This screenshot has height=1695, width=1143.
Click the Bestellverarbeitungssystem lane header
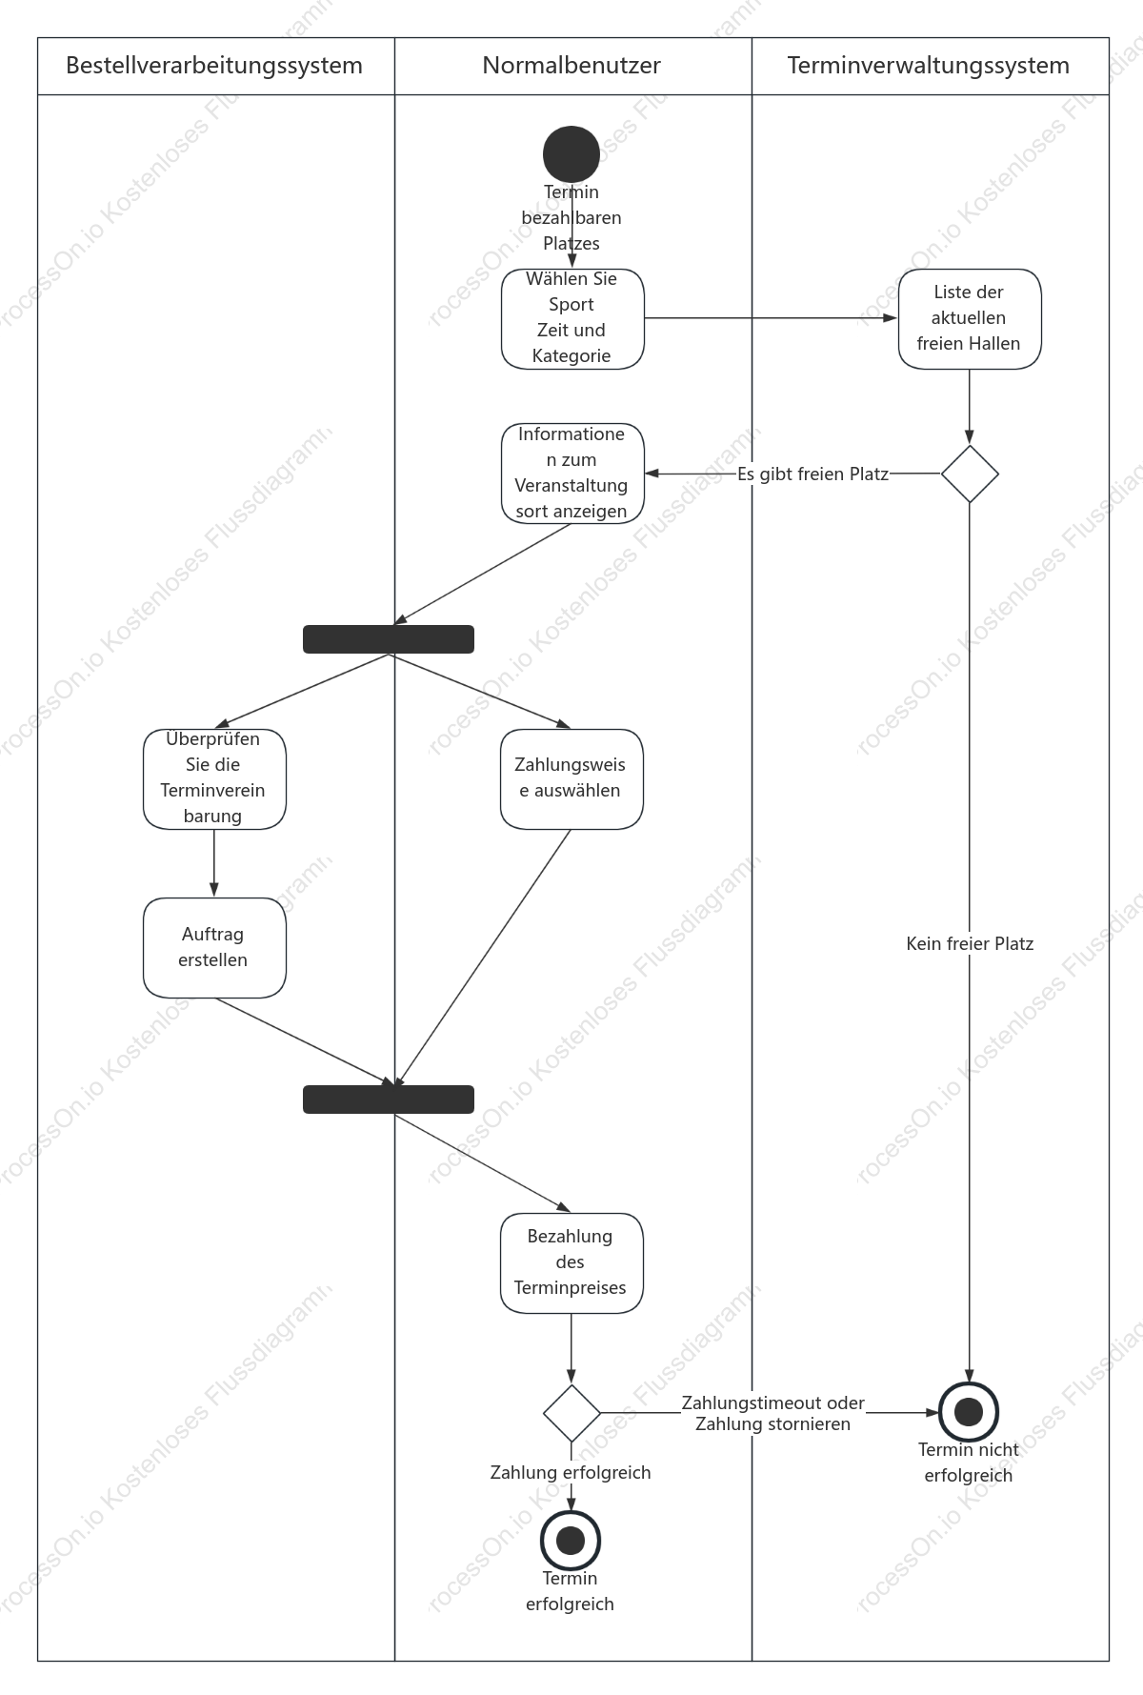(215, 66)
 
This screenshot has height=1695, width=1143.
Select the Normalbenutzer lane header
(572, 66)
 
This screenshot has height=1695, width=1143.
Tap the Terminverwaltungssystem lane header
(930, 66)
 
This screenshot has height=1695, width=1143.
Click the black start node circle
(571, 153)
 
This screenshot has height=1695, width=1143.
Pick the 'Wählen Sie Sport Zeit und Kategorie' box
(572, 318)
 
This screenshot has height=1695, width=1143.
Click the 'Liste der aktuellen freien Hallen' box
(970, 318)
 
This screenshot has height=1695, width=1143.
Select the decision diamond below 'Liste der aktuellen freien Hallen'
(970, 474)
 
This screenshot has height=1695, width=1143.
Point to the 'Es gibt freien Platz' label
(812, 474)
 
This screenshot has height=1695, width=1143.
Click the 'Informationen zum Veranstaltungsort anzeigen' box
(572, 474)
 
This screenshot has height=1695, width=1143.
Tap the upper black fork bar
(389, 639)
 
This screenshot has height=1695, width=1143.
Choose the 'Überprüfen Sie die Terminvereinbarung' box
(214, 778)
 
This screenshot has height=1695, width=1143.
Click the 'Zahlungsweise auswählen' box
(571, 778)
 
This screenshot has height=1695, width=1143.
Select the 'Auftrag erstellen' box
(214, 947)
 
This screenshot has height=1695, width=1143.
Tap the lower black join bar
(389, 1100)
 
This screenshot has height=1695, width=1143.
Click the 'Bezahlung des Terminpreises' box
(571, 1262)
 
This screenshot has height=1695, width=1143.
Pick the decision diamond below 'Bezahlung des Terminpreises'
(571, 1413)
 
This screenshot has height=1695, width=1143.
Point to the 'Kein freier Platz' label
(970, 943)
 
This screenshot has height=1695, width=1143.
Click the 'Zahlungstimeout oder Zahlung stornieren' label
(772, 1413)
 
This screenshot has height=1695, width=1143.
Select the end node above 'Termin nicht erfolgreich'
(969, 1412)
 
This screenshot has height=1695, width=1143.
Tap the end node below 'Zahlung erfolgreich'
(571, 1541)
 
